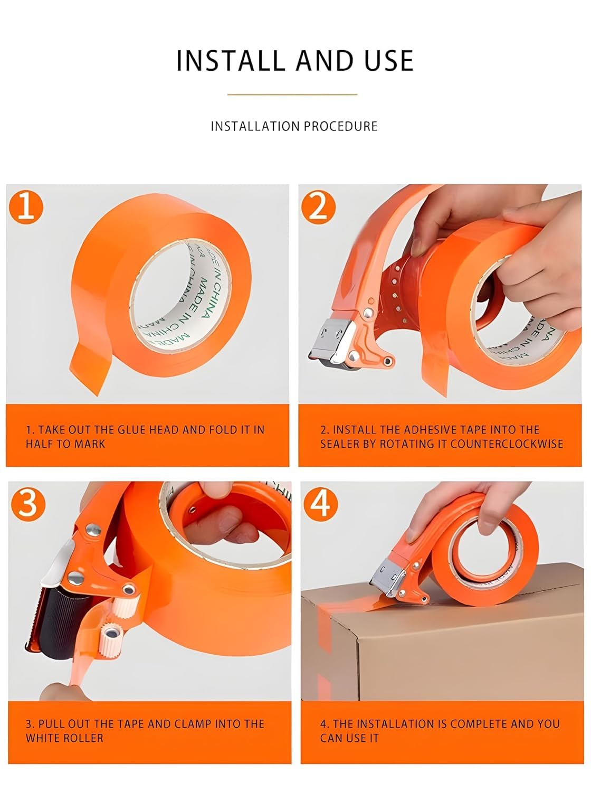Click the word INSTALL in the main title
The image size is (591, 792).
coord(231,60)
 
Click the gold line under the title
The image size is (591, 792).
coord(292,95)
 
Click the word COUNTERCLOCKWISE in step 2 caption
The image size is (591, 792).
coord(506,444)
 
